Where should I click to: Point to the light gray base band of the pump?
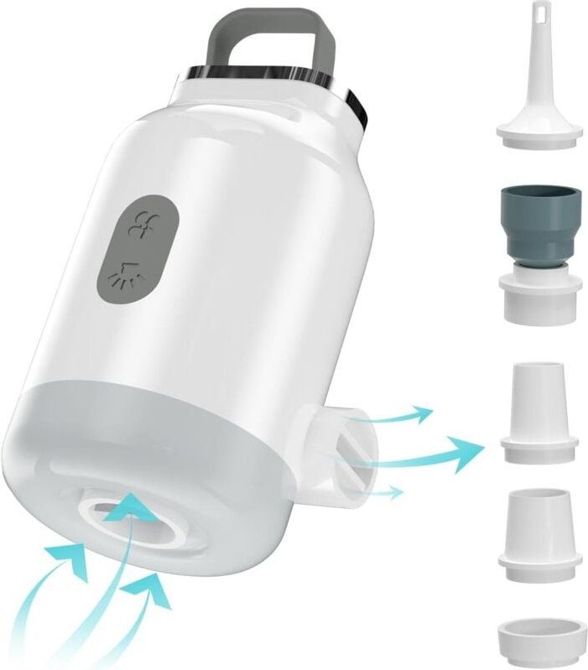[x=168, y=436]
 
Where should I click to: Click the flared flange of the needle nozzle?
[x=539, y=129]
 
